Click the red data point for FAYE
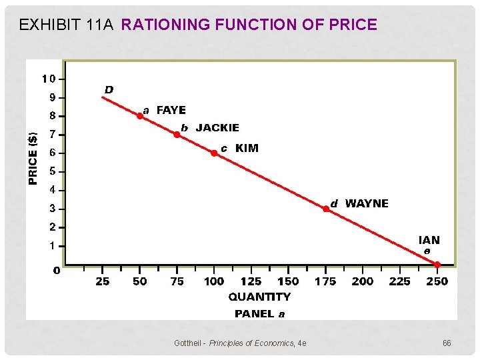pyautogui.click(x=140, y=115)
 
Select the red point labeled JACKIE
pyautogui.click(x=177, y=134)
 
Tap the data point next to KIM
pyautogui.click(x=214, y=153)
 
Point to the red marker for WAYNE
pyautogui.click(x=326, y=209)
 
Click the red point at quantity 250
pyautogui.click(x=437, y=265)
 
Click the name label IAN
pyautogui.click(x=429, y=240)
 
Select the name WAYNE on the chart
pyautogui.click(x=367, y=203)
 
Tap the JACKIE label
pyautogui.click(x=217, y=127)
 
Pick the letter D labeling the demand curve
pyautogui.click(x=108, y=89)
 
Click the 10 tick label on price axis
pyautogui.click(x=48, y=79)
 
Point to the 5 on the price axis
pyautogui.click(x=53, y=171)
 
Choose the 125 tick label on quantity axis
pyautogui.click(x=251, y=281)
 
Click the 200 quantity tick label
pyautogui.click(x=363, y=281)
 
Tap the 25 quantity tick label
pyautogui.click(x=102, y=281)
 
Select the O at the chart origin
pyautogui.click(x=57, y=271)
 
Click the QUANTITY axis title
pyautogui.click(x=259, y=297)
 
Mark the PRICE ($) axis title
pyautogui.click(x=33, y=156)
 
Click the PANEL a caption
pyautogui.click(x=259, y=313)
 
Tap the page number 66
pyautogui.click(x=447, y=343)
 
